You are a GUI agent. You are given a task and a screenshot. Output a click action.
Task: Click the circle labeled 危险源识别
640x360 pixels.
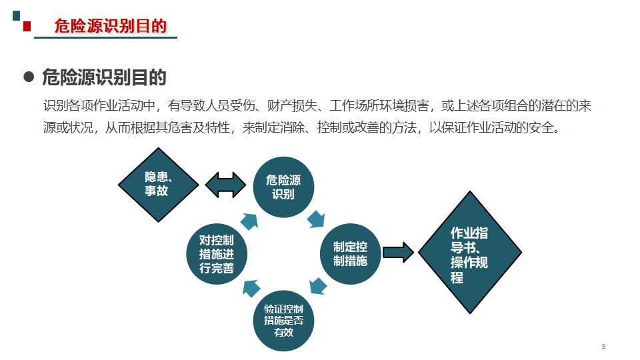pos(283,187)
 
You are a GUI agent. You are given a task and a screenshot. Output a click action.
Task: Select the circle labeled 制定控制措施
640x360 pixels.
pos(350,254)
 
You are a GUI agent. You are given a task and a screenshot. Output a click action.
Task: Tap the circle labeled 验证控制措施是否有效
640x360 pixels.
pos(283,321)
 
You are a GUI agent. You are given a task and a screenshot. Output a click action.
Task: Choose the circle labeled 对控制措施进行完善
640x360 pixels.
pos(216,254)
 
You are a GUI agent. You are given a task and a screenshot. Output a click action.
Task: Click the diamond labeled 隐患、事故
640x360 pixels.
pos(159,185)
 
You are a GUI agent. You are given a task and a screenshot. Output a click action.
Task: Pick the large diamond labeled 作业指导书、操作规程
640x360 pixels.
pos(470,252)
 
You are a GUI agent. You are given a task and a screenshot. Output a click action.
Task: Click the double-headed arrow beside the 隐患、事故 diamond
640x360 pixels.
pos(226,185)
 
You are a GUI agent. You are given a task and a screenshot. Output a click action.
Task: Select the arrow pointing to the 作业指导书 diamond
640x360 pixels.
pos(399,252)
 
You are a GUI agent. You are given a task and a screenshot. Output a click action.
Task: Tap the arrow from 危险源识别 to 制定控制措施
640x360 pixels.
pos(316,219)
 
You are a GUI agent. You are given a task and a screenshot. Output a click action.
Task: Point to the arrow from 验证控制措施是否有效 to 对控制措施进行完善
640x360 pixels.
pos(251,288)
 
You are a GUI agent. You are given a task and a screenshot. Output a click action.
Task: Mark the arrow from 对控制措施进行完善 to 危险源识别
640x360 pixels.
pos(249,221)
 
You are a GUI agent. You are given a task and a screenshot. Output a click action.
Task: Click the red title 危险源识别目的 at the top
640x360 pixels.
pos(110,26)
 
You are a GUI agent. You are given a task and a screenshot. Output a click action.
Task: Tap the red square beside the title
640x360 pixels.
pos(27,27)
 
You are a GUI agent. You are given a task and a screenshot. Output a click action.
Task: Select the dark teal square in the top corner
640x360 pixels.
pos(16,16)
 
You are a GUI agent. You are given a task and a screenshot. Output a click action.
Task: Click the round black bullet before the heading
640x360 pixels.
pos(29,77)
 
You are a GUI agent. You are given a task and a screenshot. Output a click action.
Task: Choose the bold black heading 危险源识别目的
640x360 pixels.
pos(104,77)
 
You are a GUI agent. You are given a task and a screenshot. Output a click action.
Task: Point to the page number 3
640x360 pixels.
pos(603,347)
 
